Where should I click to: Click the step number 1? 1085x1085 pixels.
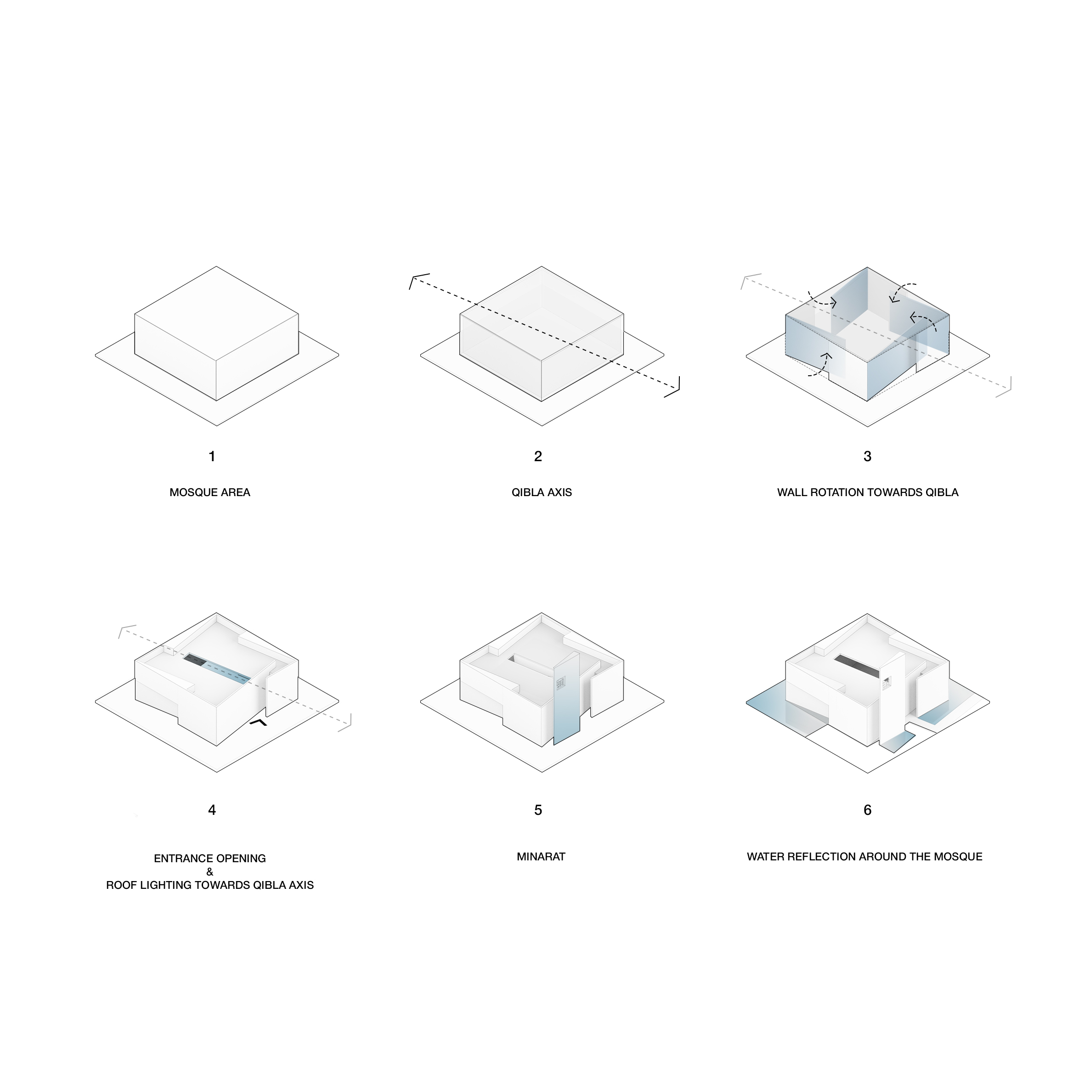coord(212,457)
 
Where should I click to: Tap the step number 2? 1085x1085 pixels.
coord(538,457)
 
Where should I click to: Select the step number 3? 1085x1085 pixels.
coord(868,457)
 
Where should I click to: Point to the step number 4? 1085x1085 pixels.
coord(212,810)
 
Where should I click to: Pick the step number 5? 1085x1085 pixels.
coord(538,810)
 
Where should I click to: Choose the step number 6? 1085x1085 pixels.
coord(868,810)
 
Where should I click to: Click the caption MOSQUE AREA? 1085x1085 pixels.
coord(210,492)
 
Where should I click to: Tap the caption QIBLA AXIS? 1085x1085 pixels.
coord(542,492)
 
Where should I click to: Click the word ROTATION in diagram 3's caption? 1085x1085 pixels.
coord(835,492)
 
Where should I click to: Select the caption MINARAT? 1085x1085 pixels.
coord(541,856)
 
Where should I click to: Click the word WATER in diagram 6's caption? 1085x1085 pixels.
coord(764,856)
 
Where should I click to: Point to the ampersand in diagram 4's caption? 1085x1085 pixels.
coord(210,871)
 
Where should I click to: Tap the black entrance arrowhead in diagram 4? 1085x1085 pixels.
coord(259,722)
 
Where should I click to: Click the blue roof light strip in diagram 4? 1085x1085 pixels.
coord(225,671)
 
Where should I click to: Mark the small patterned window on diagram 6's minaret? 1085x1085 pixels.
coord(886,684)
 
